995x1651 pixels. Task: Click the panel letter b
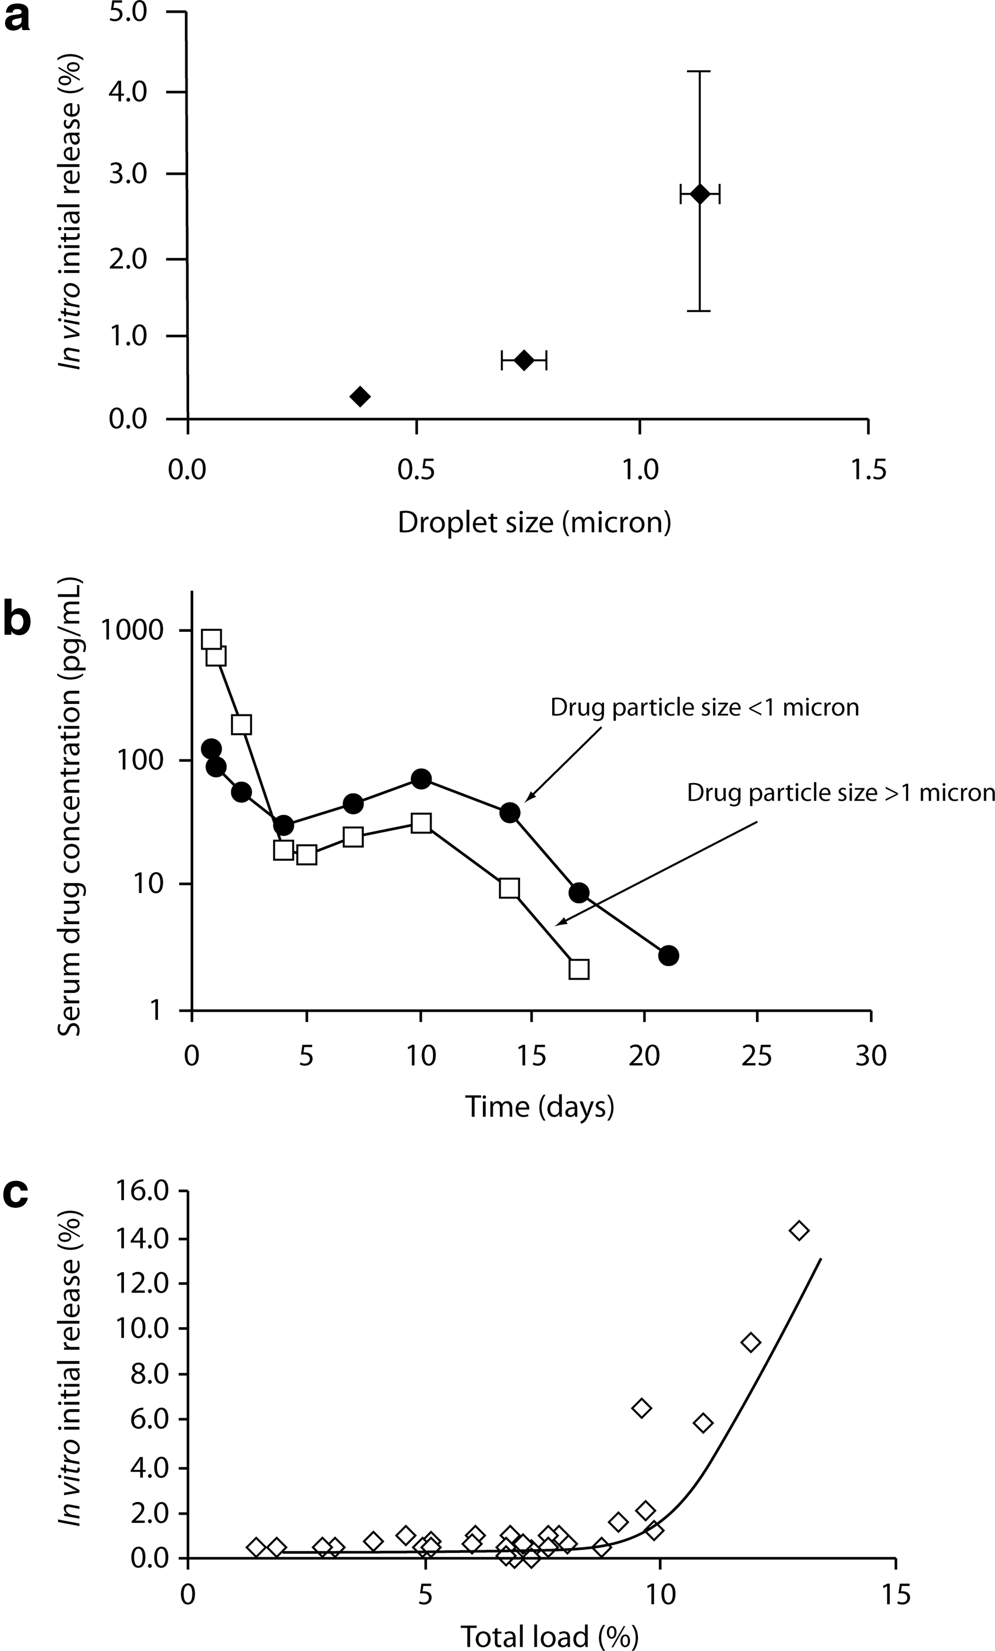click(18, 618)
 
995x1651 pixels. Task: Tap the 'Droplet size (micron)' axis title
click(534, 522)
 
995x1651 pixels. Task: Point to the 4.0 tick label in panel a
click(128, 91)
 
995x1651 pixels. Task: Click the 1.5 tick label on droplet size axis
click(868, 470)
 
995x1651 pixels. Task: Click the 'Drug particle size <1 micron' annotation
click(704, 707)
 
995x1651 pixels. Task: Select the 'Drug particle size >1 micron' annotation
click(841, 793)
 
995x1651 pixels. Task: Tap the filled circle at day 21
click(668, 956)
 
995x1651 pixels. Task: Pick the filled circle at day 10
click(421, 779)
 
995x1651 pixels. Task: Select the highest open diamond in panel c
click(799, 1230)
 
